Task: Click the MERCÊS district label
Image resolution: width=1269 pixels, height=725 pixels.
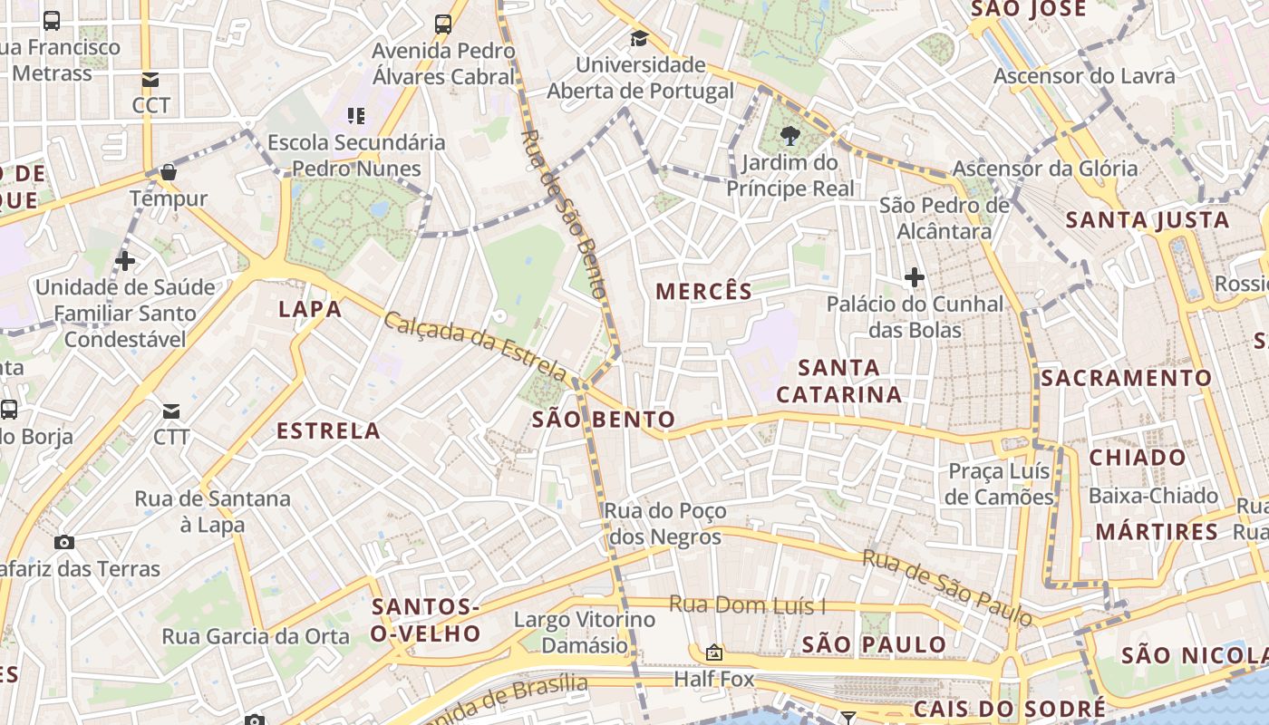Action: [x=703, y=291]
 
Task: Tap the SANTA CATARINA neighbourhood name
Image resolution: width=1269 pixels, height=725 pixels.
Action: [x=839, y=381]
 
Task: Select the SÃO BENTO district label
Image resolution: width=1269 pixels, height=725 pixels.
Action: [x=604, y=419]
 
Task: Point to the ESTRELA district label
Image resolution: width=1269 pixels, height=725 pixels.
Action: [x=328, y=430]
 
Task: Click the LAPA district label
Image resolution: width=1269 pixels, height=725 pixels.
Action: [x=310, y=309]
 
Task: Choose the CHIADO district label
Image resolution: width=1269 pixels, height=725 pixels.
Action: [x=1137, y=458]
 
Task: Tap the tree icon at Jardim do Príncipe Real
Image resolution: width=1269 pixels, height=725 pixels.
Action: [x=789, y=137]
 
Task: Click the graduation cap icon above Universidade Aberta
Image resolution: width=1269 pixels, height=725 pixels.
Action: [x=640, y=38]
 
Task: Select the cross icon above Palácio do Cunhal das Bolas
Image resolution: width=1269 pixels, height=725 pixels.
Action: [x=915, y=276]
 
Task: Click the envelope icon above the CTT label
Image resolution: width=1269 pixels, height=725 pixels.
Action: [x=170, y=411]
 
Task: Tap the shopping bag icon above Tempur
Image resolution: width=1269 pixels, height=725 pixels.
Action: [x=169, y=172]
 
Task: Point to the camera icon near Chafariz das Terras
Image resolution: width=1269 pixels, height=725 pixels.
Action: [x=64, y=542]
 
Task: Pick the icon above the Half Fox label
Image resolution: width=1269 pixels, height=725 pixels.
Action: [x=714, y=652]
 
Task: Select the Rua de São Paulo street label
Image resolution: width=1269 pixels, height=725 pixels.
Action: [x=947, y=587]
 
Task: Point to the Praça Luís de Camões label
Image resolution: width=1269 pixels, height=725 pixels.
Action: [x=999, y=484]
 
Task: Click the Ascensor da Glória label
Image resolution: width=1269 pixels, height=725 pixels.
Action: [x=1044, y=168]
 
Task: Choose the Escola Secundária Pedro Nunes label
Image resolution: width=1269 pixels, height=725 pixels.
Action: [x=356, y=155]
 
